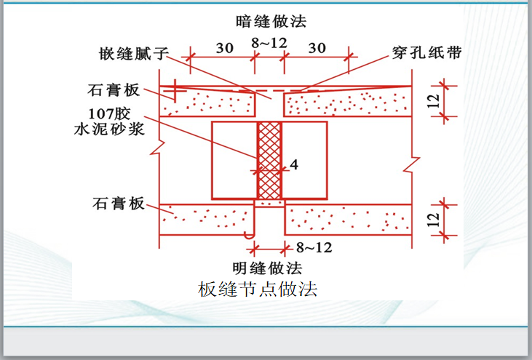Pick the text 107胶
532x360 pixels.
113,113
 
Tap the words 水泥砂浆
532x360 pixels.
110,130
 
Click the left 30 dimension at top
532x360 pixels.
224,48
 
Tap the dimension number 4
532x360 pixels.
293,165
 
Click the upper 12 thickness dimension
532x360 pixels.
434,102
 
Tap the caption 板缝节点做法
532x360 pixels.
258,289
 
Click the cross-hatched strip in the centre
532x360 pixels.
269,160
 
